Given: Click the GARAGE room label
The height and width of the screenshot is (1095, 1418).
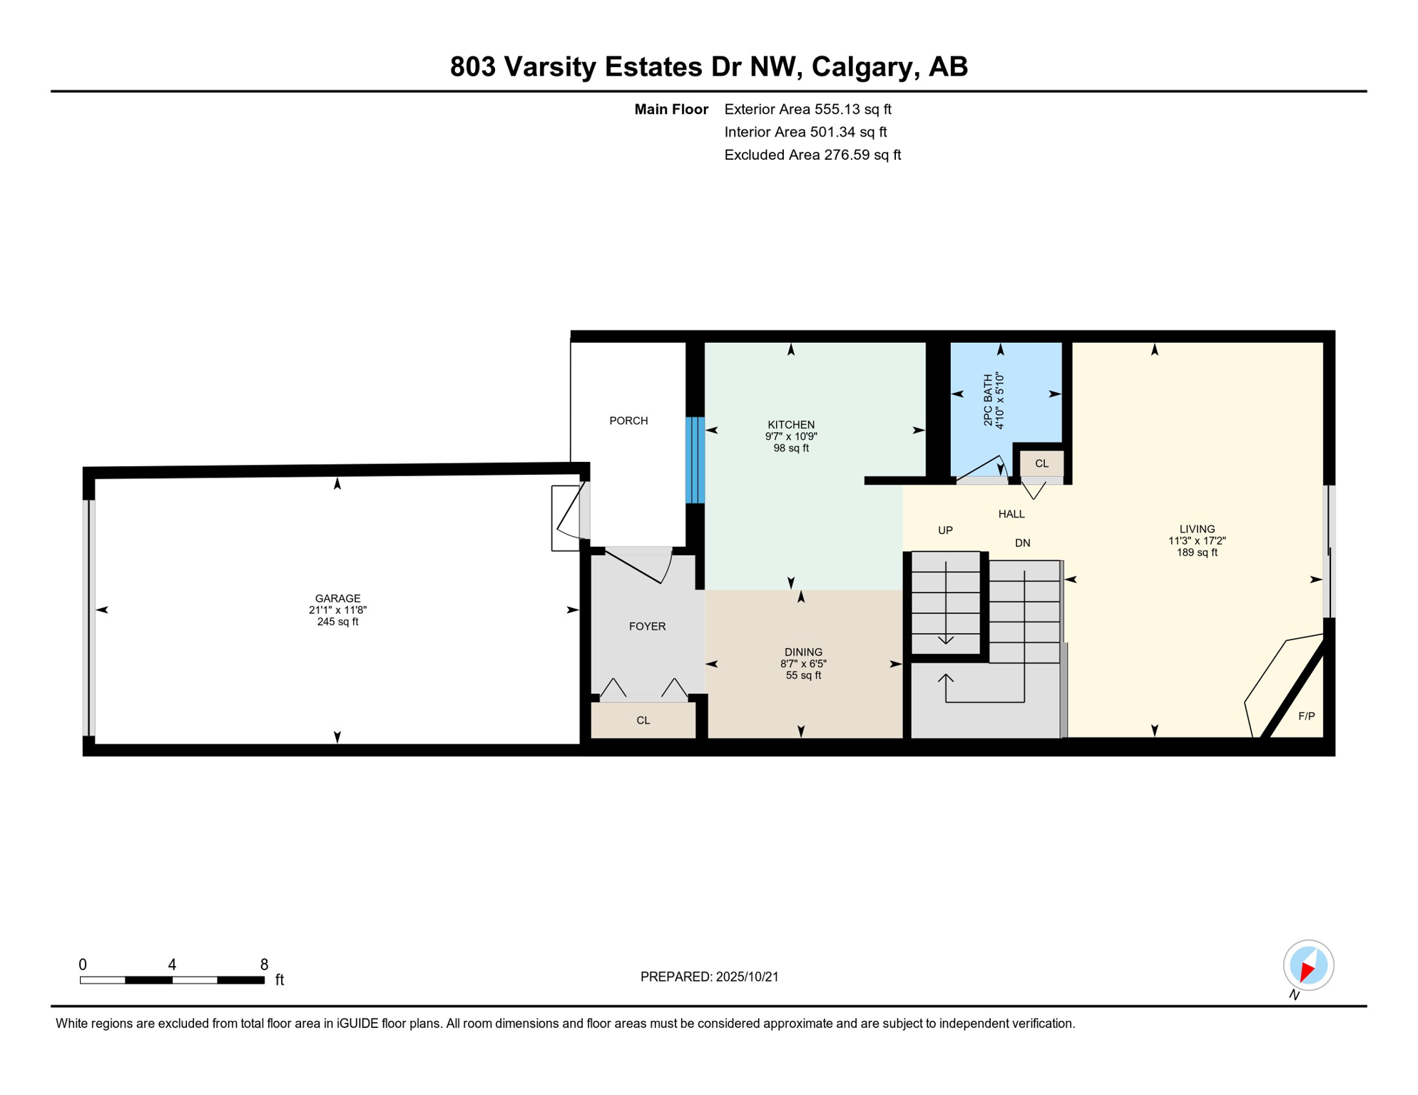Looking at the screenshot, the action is click(337, 598).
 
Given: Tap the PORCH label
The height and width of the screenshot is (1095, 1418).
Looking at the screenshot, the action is click(628, 421).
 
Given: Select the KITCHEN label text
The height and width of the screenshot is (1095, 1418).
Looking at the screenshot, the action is click(791, 425).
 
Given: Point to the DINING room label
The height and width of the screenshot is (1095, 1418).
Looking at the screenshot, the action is click(803, 652).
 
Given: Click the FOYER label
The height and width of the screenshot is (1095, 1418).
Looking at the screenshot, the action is click(647, 627).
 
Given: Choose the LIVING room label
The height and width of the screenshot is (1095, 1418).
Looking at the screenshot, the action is click(1197, 529).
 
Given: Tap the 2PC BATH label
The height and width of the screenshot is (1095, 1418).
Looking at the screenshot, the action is click(988, 401).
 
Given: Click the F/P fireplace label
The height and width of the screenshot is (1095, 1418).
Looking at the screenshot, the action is click(1306, 716).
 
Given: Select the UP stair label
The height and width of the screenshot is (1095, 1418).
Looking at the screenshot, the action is click(945, 530).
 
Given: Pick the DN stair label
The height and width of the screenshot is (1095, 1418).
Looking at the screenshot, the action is click(1022, 543).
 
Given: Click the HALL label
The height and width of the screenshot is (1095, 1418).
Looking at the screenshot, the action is click(1011, 514).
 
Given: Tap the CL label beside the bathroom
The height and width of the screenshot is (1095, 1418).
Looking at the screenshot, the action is click(1041, 463).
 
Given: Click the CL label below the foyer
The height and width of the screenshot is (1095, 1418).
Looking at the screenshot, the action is click(643, 721).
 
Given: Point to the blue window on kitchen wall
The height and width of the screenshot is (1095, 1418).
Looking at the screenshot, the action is click(695, 461).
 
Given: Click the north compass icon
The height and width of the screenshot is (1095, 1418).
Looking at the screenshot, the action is click(1308, 966).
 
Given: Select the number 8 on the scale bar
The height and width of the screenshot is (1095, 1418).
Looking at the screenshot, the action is click(264, 965).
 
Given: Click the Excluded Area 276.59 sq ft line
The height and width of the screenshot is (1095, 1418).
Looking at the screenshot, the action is click(812, 155).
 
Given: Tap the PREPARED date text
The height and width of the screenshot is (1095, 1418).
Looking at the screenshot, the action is click(709, 977).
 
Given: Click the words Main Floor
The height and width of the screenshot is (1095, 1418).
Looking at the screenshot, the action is click(671, 109).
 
